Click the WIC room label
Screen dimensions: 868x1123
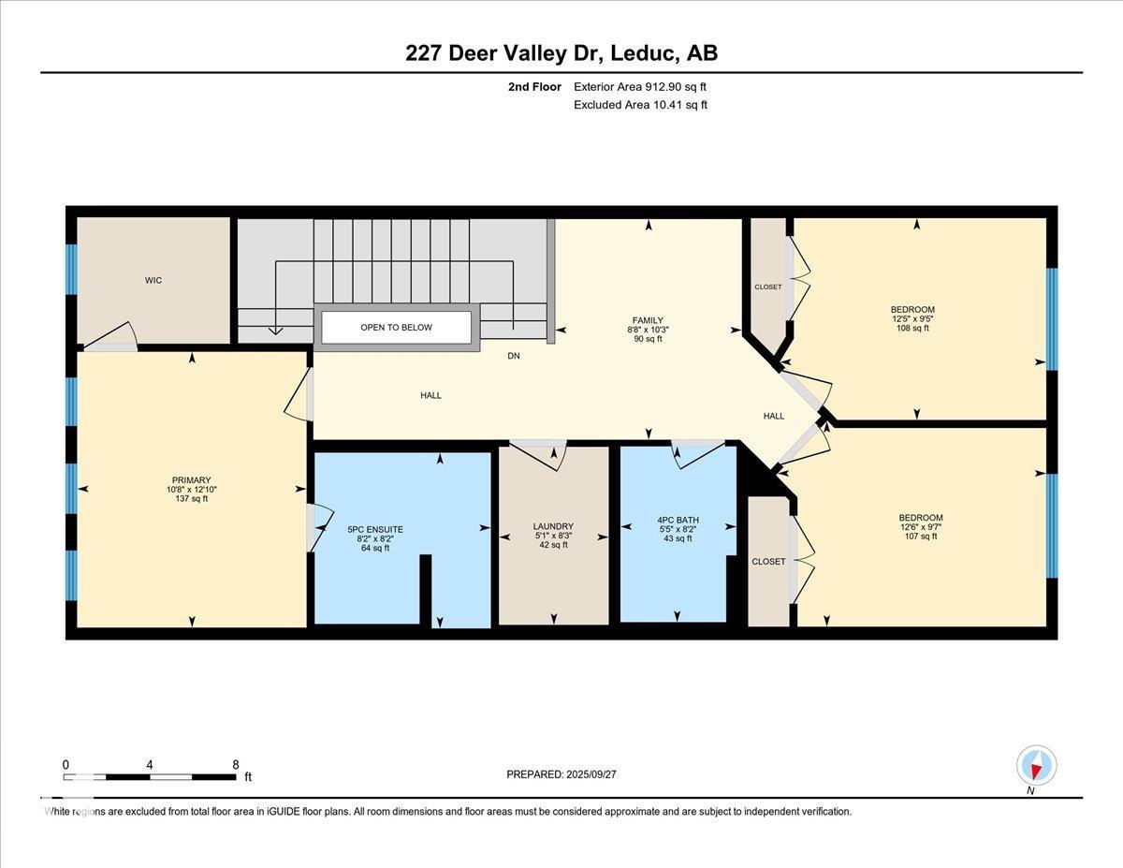pos(153,280)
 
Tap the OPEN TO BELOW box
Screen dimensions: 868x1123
pos(396,328)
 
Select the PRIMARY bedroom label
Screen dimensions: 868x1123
pos(191,480)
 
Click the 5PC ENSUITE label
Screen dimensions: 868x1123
pos(374,529)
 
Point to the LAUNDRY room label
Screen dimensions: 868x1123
pos(552,526)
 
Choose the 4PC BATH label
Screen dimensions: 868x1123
pos(678,520)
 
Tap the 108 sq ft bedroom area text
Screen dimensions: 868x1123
pos(912,329)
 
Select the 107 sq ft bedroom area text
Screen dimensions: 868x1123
pos(921,537)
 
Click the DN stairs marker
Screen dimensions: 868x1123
pos(514,356)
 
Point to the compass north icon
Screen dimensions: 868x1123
pos(1036,766)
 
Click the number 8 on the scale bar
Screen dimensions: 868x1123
pos(236,764)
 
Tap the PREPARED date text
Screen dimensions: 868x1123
pos(561,774)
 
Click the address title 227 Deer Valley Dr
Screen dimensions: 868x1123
pos(561,53)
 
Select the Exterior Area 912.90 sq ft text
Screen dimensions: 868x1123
pos(640,86)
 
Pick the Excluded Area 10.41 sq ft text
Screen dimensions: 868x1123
pos(640,105)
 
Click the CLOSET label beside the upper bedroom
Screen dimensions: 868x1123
pos(767,287)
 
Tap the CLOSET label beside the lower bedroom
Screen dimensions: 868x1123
pos(768,561)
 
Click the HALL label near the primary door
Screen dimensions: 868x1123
pos(430,395)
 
